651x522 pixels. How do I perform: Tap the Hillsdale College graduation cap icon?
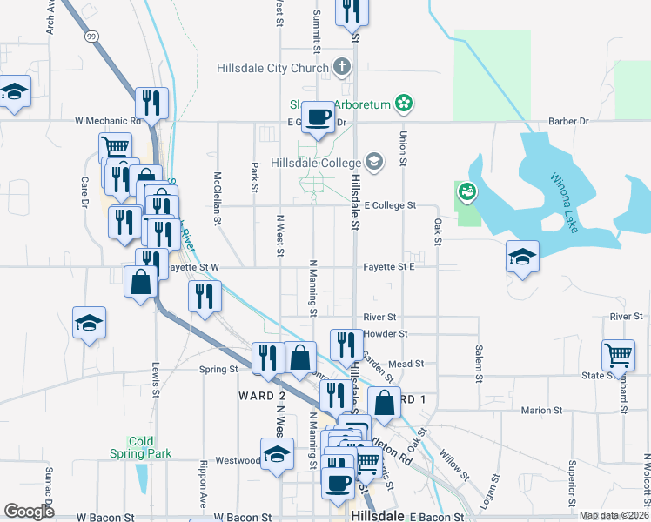coord(374,162)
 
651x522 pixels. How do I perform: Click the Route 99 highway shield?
coord(91,37)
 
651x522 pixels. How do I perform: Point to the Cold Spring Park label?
coord(141,447)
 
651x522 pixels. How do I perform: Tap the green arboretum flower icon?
coord(402,104)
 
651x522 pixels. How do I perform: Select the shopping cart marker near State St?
coord(618,354)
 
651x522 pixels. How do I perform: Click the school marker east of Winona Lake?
coord(522,257)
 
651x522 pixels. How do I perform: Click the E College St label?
coord(391,205)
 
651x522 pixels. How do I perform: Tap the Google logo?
coord(30,512)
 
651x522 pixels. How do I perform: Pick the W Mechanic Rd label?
coord(108,121)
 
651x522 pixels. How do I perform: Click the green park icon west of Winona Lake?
coord(467,192)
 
